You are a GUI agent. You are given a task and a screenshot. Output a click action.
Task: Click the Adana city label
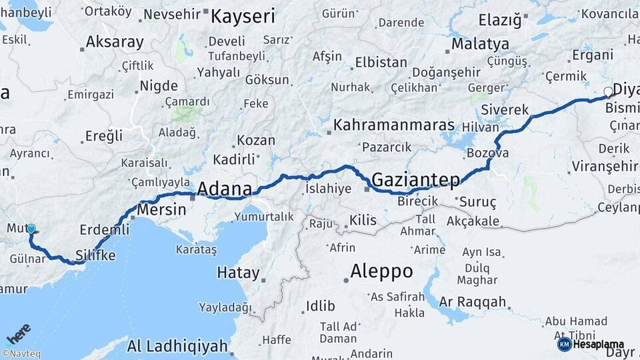[224, 189]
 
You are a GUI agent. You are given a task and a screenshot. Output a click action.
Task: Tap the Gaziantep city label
[416, 179]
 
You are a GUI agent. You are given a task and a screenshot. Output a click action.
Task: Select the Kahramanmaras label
[394, 125]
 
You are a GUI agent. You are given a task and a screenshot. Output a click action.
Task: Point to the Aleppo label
[381, 271]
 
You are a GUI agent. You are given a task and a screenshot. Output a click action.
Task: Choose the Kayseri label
[243, 16]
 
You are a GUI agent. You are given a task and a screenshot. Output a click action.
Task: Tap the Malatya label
[480, 44]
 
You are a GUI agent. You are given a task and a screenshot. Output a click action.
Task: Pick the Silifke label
[95, 255]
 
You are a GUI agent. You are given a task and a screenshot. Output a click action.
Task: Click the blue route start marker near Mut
[31, 229]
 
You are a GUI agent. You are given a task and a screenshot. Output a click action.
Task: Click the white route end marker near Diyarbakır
[608, 92]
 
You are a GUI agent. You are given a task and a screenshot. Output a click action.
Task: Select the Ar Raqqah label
[473, 302]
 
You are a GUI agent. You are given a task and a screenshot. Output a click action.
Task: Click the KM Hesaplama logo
[591, 344]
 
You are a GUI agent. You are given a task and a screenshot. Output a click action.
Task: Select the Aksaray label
[115, 43]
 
